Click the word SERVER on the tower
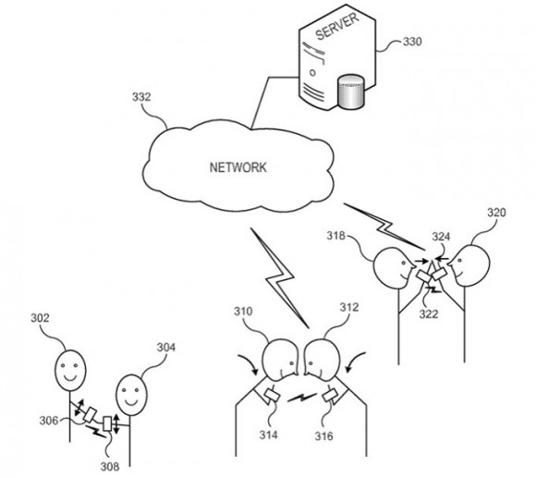[336, 26]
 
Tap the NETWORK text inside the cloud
[238, 167]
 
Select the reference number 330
[412, 42]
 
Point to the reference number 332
[141, 97]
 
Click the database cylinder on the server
[351, 92]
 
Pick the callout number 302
[40, 318]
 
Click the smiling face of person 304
[131, 395]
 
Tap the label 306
[49, 421]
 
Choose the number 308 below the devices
[110, 466]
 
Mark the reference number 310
[243, 312]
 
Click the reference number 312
[349, 307]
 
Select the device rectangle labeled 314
[273, 395]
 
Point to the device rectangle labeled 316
[331, 396]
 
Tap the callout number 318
[335, 235]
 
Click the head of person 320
[470, 265]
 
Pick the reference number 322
[429, 313]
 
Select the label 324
[441, 237]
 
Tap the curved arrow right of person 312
[356, 362]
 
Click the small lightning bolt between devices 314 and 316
[302, 398]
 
